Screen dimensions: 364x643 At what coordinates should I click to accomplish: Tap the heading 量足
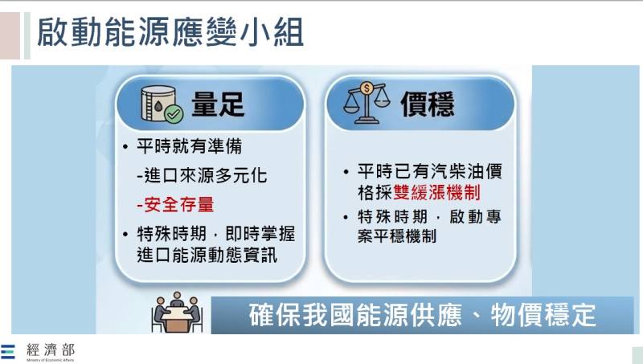[217, 104]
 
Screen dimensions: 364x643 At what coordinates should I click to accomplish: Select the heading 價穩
[427, 104]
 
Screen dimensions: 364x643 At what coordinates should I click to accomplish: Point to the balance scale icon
[367, 103]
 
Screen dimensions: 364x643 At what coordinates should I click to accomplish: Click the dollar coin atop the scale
[367, 87]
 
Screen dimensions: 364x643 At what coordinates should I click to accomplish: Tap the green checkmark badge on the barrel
[174, 114]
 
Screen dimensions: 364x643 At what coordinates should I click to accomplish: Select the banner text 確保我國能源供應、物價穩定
[423, 314]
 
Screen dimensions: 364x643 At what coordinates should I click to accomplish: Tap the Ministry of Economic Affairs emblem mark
[9, 351]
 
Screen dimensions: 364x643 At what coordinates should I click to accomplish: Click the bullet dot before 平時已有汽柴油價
[346, 172]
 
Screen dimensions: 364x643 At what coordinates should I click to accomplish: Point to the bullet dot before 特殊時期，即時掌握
[125, 234]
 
